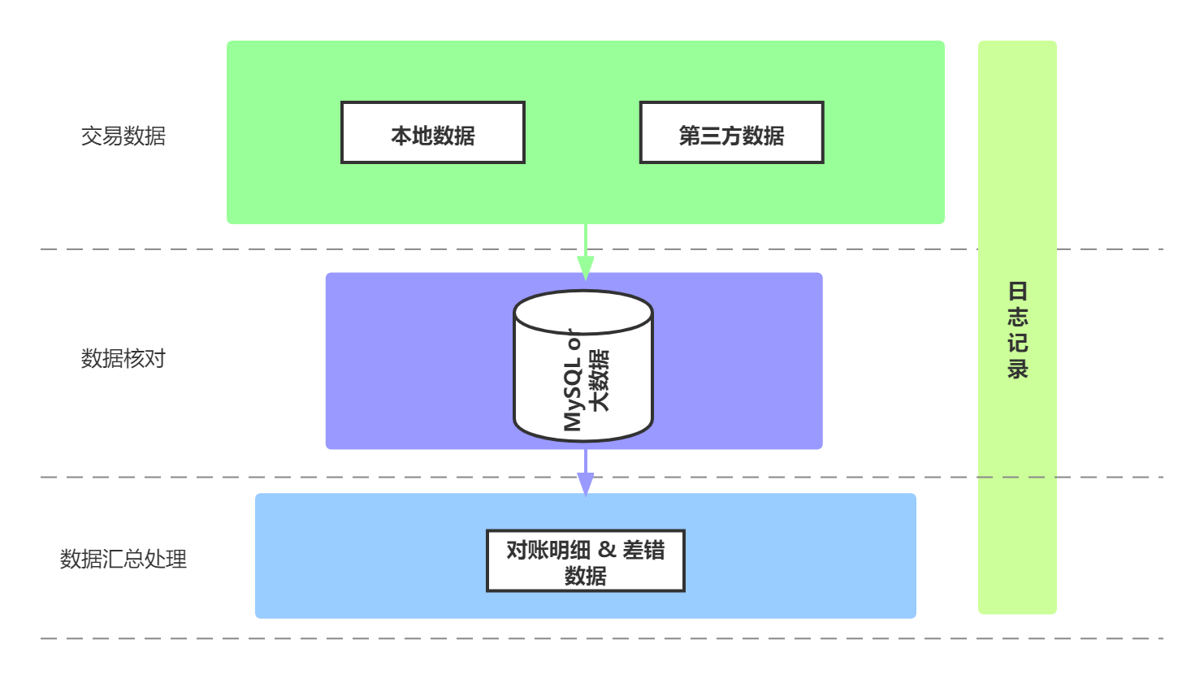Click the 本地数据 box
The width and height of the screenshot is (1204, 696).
433,132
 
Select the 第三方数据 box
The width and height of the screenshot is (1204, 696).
731,132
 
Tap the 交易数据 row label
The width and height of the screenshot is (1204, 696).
123,136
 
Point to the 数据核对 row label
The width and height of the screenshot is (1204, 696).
123,358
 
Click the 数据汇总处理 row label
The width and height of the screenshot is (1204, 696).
123,559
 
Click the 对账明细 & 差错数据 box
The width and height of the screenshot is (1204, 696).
585,561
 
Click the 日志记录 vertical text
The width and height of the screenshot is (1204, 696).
1017,330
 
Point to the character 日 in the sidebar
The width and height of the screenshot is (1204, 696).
1017,291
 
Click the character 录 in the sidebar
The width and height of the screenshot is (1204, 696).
1017,369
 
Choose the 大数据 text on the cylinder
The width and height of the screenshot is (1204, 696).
600,380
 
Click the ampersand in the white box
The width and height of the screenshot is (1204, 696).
607,550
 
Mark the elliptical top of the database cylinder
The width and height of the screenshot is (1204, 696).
583,312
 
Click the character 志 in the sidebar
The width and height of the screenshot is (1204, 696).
1017,317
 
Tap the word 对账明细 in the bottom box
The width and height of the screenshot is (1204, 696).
548,550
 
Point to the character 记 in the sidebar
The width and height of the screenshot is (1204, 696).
1017,343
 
